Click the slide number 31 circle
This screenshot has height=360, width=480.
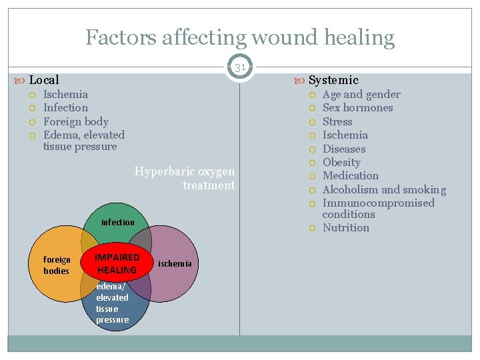(x=240, y=67)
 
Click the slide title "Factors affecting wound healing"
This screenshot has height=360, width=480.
(x=240, y=37)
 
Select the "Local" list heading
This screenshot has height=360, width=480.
(x=44, y=80)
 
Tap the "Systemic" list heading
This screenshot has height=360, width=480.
(x=333, y=80)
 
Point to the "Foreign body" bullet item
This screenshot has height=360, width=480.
(x=75, y=121)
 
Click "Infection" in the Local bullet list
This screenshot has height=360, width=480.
(x=65, y=107)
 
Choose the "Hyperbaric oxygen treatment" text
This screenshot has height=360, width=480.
(x=185, y=178)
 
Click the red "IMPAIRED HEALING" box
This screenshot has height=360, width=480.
(x=117, y=263)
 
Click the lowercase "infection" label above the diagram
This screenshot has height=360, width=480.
(x=117, y=222)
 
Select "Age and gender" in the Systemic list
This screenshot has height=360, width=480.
(x=361, y=94)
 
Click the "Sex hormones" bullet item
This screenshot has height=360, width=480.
(x=357, y=107)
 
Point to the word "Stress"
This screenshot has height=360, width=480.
(x=337, y=121)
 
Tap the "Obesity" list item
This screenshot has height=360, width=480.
(x=341, y=162)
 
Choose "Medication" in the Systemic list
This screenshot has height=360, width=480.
(x=350, y=175)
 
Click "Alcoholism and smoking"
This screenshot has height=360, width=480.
(x=384, y=189)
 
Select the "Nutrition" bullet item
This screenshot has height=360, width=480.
(x=345, y=227)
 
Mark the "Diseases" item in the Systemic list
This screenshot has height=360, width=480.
(x=344, y=149)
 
